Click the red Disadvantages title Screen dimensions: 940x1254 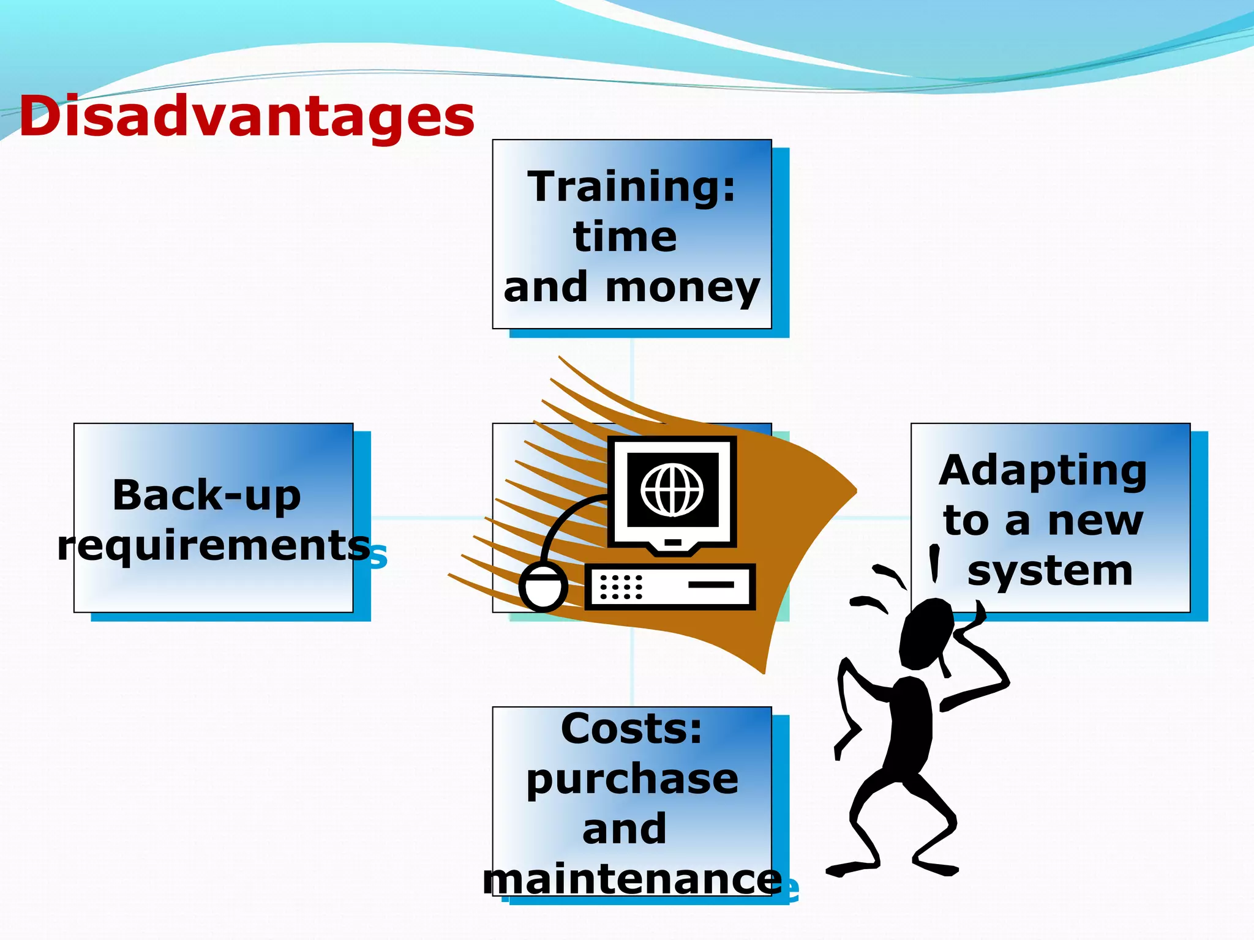(x=247, y=116)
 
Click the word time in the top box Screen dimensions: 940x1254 (x=625, y=237)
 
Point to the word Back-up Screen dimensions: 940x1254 (x=206, y=495)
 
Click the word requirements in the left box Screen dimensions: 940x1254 (x=213, y=545)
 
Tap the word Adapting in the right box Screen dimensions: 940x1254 (x=1042, y=471)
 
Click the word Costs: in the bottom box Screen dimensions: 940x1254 (x=631, y=728)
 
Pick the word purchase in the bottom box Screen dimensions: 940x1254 (x=632, y=779)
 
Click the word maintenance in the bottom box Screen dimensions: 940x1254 (x=631, y=879)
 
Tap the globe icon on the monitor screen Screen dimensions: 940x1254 (x=672, y=490)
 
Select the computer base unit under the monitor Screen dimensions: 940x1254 (x=670, y=586)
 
